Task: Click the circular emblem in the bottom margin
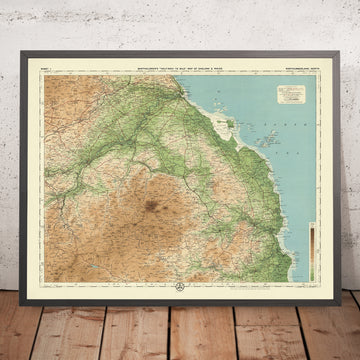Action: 181,285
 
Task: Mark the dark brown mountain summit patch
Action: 152,208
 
